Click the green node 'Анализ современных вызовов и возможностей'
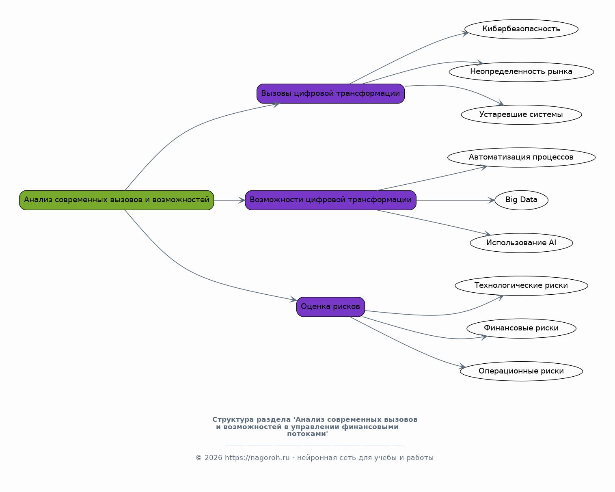coord(117,200)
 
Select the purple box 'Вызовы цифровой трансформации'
coord(331,93)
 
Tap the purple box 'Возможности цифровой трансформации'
coord(331,200)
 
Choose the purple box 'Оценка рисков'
coord(331,307)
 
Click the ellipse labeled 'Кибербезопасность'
coord(521,29)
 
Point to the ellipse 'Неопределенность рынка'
coord(521,72)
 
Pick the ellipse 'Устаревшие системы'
coord(521,114)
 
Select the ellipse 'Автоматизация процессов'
coord(521,158)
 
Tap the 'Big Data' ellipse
coord(521,200)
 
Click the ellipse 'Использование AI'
coord(521,243)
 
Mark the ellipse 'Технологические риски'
coord(521,286)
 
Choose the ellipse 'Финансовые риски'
coord(521,328)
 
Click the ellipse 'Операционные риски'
coord(521,371)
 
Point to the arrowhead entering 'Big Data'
coord(491,200)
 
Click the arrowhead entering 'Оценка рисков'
coord(293,299)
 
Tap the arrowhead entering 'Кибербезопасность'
coord(465,34)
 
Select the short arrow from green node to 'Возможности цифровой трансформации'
coord(229,200)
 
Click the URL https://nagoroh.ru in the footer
coord(257,457)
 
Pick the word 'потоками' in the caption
coord(307,434)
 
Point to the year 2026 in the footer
coord(213,457)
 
